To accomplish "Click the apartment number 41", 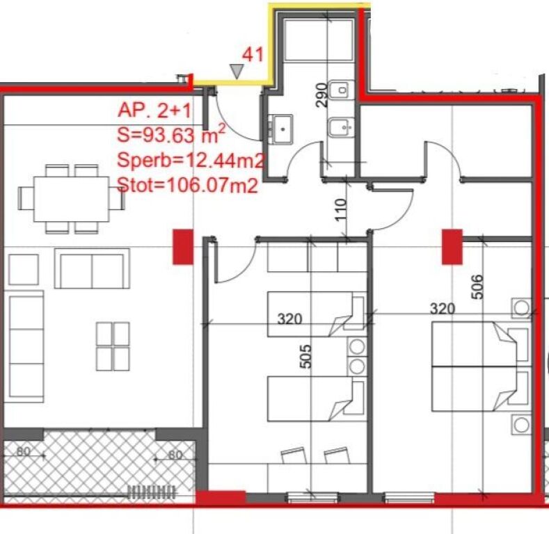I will (252, 54).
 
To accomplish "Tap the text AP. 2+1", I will (154, 111).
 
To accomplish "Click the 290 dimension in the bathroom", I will (321, 95).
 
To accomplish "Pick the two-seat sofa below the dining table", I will (92, 270).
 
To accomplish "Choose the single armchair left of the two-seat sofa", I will (24, 269).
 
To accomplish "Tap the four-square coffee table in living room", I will (113, 346).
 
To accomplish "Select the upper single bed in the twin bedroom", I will (317, 314).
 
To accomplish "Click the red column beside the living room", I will (182, 247).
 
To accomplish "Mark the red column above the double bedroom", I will (452, 247).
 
